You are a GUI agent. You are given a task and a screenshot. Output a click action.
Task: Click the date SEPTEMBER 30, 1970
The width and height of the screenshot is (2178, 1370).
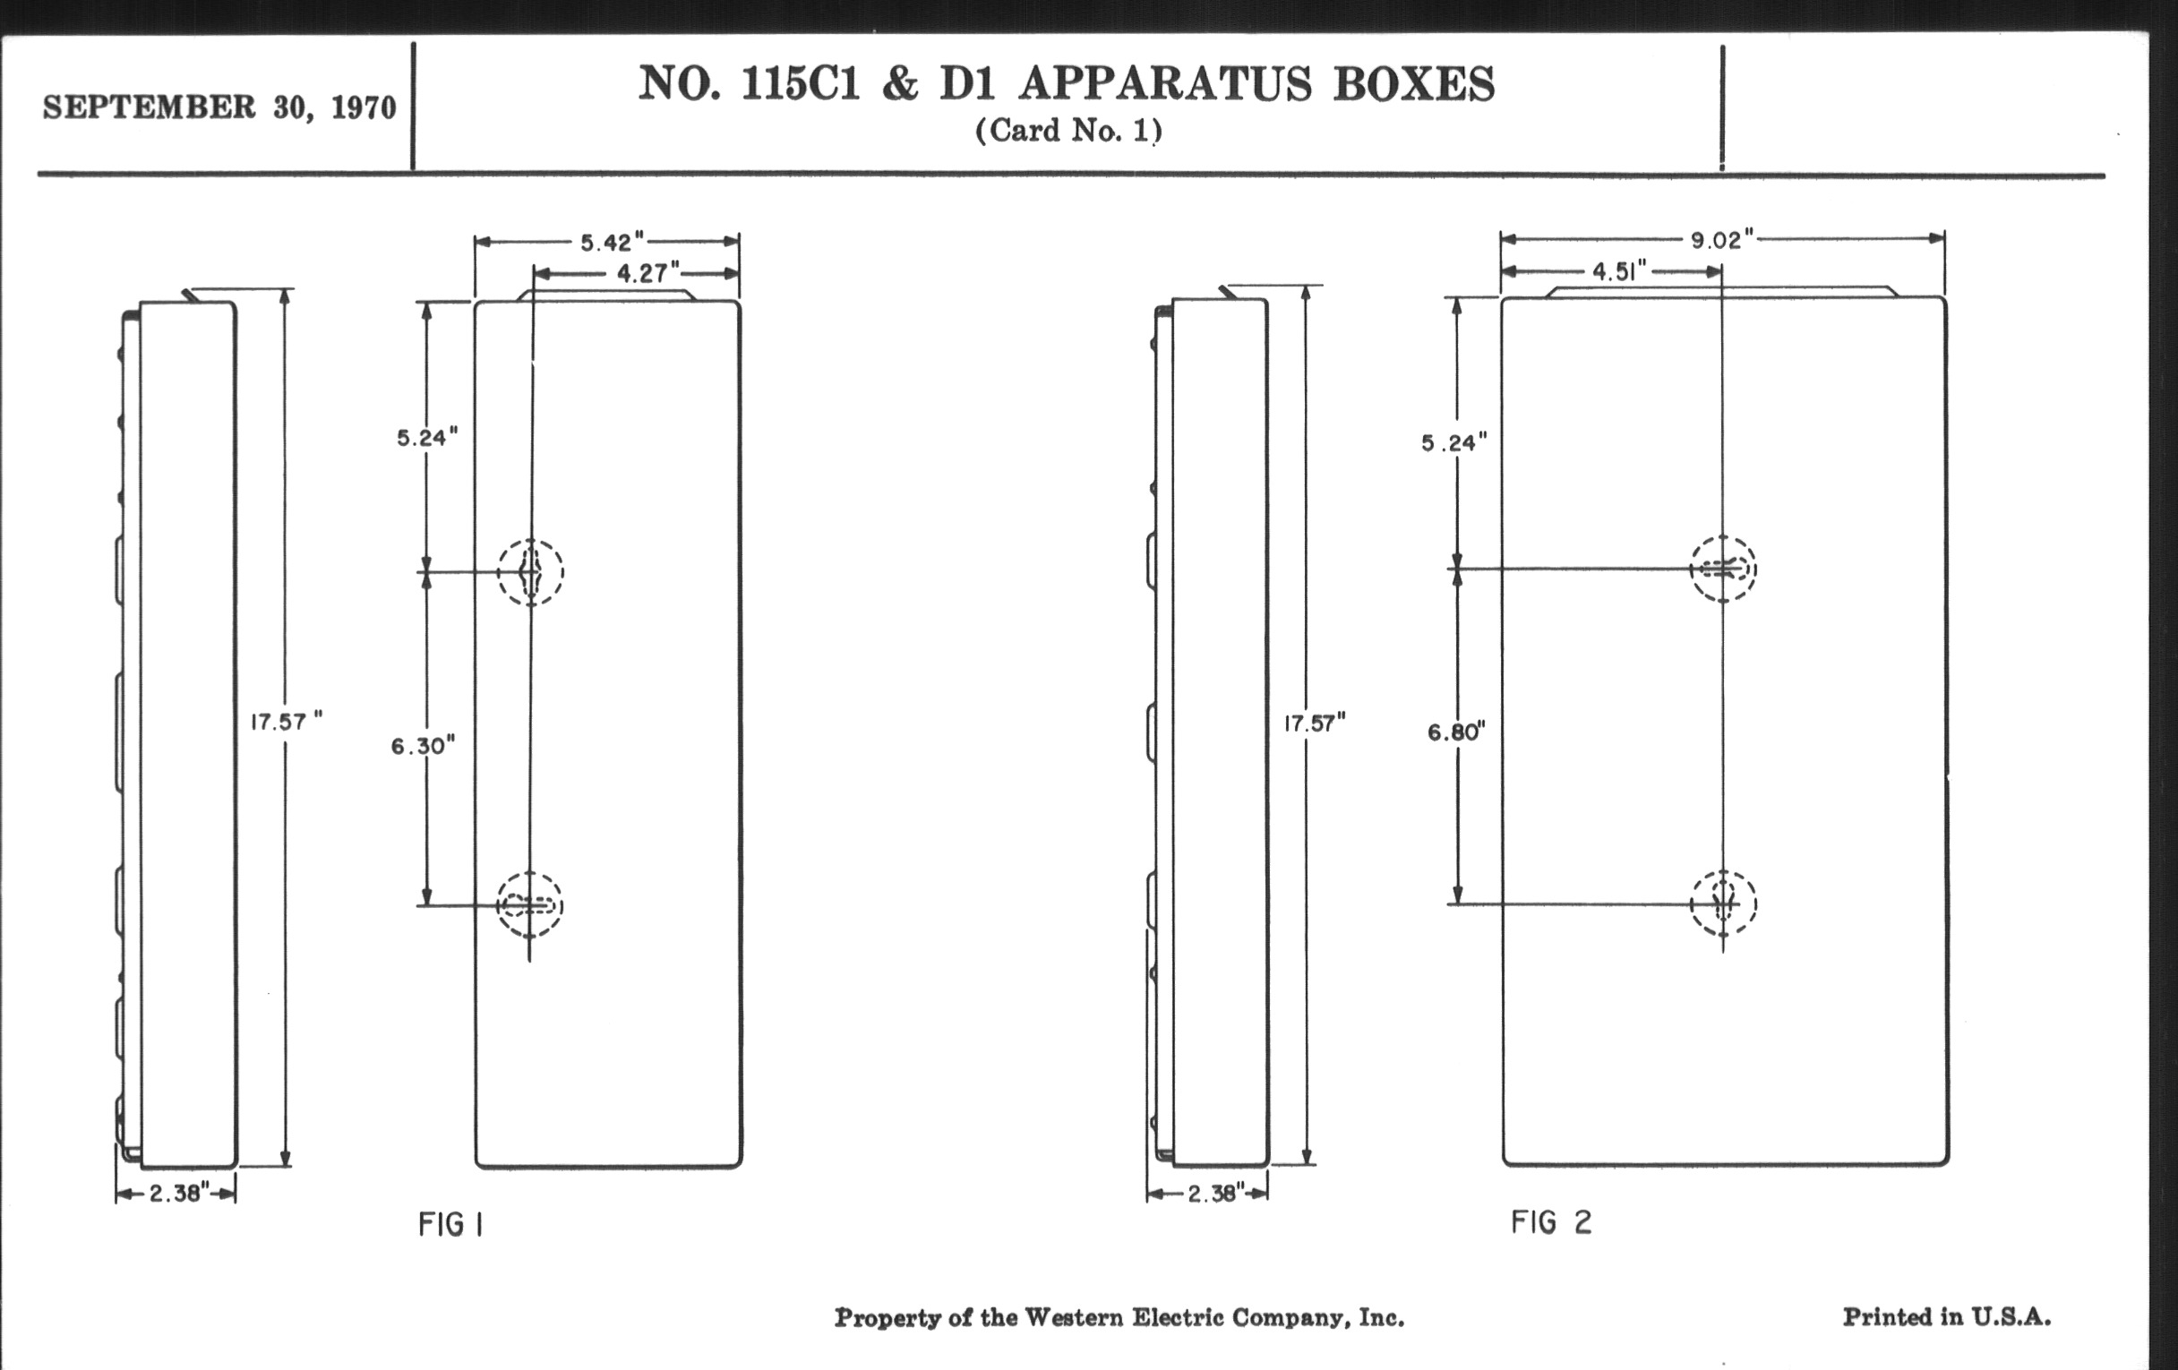(x=219, y=107)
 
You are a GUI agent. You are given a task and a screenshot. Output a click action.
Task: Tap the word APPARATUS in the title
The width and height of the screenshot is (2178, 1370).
(x=1165, y=84)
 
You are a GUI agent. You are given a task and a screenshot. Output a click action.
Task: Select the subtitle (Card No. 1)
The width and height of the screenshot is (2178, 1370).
(x=1068, y=131)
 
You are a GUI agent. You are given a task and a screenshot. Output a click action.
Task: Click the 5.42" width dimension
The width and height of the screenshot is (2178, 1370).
(x=612, y=243)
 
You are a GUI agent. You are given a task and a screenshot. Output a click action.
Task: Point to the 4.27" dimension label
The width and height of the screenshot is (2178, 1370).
(x=647, y=272)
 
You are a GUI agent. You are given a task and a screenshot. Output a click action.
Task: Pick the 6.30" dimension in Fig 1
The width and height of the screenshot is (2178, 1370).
(x=423, y=746)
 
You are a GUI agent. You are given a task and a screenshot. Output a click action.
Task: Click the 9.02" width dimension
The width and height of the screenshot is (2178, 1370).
(x=1722, y=240)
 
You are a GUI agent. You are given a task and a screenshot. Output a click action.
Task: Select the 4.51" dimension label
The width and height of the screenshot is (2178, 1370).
(x=1619, y=271)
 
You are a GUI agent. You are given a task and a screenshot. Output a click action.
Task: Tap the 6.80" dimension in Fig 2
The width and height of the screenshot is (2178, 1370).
(x=1456, y=732)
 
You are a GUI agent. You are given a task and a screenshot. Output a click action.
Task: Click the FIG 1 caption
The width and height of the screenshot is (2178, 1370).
(x=450, y=1224)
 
